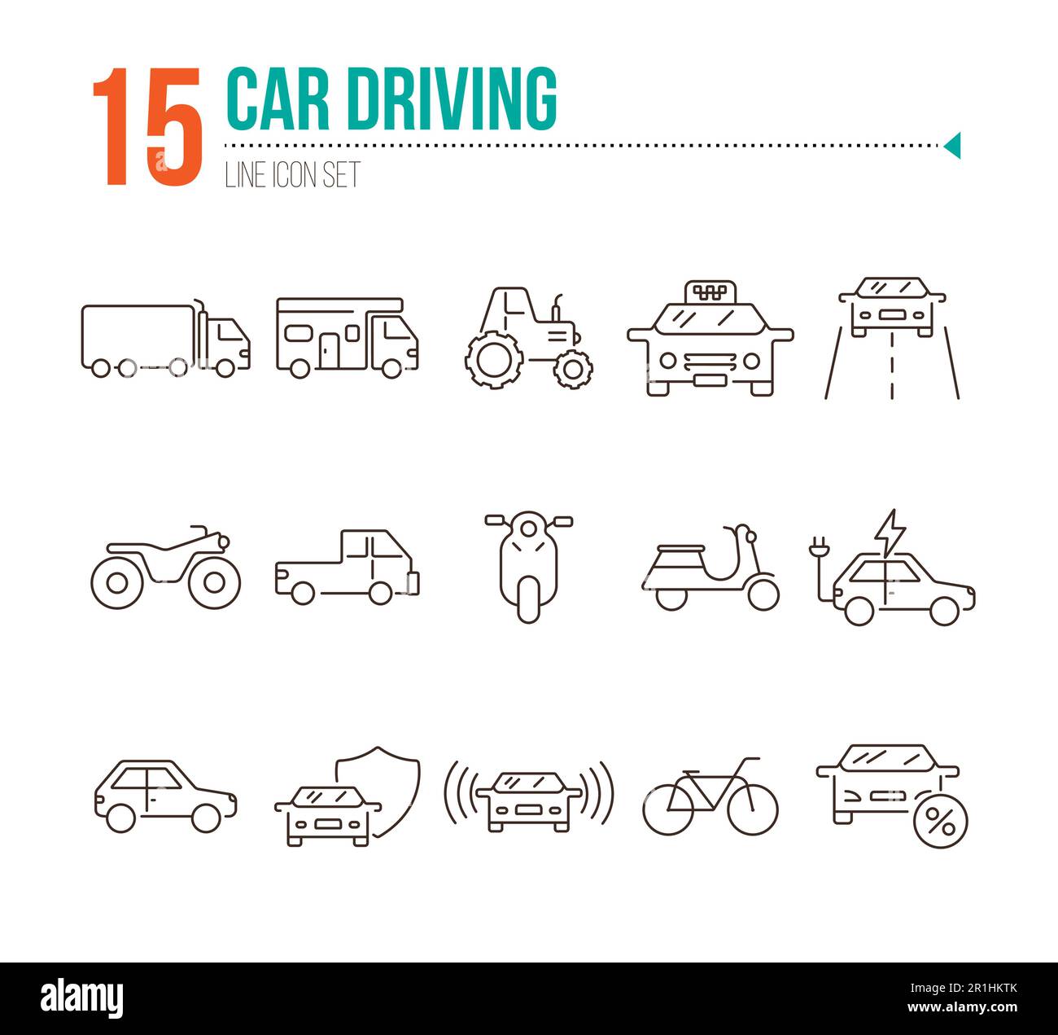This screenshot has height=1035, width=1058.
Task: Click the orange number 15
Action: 146,126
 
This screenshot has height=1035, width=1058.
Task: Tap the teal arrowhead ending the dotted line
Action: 952,146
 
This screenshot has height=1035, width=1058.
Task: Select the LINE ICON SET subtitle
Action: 292,175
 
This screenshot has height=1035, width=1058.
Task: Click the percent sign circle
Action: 941,824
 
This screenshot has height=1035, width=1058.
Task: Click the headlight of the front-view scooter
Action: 529,528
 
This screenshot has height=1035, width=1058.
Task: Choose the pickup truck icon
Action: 348,567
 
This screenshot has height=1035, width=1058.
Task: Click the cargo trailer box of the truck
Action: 137,335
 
